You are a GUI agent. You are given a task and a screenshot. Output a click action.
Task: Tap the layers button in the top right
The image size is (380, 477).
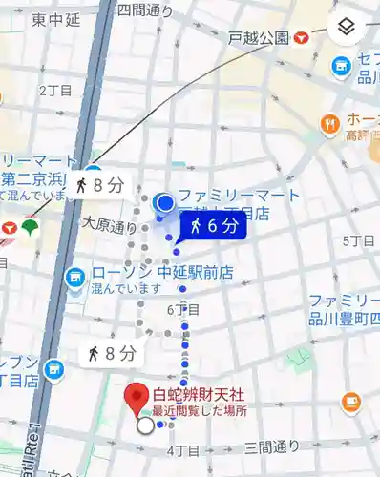(347, 27)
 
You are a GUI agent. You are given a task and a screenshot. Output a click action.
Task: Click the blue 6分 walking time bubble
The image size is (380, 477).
(213, 225)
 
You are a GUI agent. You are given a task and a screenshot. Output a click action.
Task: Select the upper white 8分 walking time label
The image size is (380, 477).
(99, 185)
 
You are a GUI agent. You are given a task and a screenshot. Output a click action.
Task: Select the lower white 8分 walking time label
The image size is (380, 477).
(113, 353)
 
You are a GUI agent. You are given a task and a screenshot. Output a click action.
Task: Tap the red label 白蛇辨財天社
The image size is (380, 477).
(199, 394)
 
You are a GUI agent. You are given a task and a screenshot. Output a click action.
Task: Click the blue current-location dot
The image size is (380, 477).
(166, 202)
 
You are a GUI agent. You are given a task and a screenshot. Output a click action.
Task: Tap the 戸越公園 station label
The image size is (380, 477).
(259, 38)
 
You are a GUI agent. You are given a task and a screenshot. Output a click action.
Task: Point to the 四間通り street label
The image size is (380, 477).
(145, 10)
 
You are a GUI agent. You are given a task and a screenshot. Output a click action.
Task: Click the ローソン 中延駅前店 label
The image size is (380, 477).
(162, 273)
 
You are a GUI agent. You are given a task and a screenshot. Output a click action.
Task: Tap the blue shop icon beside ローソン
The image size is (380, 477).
(74, 278)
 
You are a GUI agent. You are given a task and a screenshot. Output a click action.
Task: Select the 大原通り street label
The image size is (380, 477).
(110, 227)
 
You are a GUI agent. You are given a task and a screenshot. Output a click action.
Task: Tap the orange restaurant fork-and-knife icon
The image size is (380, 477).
(330, 123)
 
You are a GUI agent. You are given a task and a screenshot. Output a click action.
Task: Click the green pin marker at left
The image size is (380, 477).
(32, 227)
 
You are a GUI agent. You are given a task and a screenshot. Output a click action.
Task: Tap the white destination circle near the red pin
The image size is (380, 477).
(145, 426)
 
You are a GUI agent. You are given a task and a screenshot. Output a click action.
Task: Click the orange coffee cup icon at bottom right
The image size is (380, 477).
(351, 402)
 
